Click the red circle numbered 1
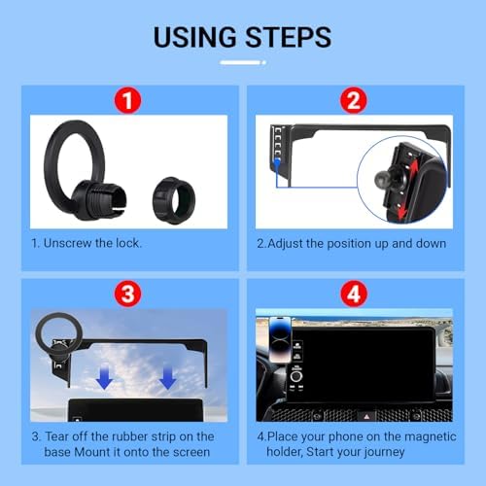point(128,100)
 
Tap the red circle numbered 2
point(354,100)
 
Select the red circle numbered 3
point(128,294)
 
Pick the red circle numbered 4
point(354,294)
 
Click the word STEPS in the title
point(289,37)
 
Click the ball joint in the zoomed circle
point(382,178)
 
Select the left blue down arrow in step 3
point(105,376)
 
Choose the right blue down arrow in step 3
point(168,376)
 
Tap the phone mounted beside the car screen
point(280,339)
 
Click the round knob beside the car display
point(296,376)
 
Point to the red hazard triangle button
point(366,416)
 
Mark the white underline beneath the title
point(243,62)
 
